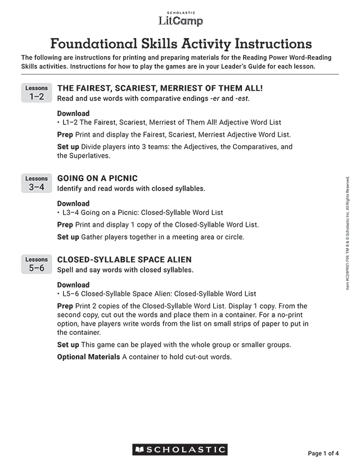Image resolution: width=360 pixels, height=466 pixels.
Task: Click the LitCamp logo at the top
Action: (180, 19)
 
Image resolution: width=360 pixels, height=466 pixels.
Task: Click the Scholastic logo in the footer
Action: (180, 450)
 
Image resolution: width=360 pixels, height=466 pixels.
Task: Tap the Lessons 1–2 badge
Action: (37, 93)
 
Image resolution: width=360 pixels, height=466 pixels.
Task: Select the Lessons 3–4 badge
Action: (37, 183)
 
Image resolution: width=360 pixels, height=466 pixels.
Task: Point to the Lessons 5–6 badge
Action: (37, 265)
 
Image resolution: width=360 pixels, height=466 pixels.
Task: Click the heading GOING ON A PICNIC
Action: (97, 178)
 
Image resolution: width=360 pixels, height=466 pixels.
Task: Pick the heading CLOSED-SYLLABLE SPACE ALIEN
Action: (124, 259)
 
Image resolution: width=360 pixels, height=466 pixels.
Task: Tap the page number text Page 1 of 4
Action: (323, 453)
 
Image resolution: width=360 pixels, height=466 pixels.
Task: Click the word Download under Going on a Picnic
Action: (73, 204)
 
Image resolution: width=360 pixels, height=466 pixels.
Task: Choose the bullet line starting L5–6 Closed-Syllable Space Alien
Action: (158, 294)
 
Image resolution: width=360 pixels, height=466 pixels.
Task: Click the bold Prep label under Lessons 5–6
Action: (65, 306)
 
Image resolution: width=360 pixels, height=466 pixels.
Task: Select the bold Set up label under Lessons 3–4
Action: (68, 237)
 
